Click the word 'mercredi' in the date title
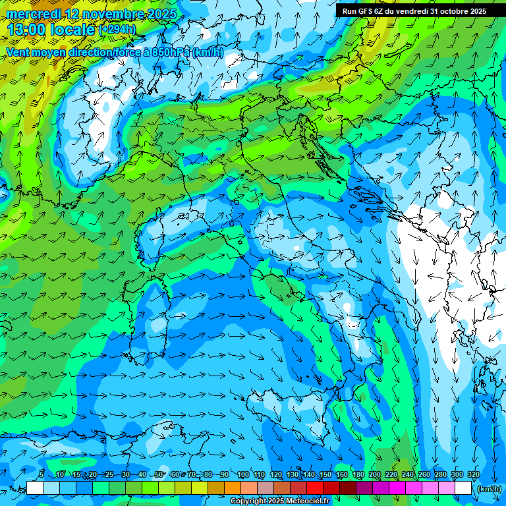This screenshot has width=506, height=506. (x=32, y=14)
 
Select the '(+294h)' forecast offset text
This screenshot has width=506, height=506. (x=117, y=30)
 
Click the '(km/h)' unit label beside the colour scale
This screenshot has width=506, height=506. (x=488, y=489)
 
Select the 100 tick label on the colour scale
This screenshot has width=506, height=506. (x=242, y=475)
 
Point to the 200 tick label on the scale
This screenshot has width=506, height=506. (x=375, y=475)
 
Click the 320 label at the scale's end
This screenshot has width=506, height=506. (x=473, y=475)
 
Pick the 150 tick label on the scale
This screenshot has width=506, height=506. (x=325, y=475)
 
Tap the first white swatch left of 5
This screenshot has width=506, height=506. (x=35, y=488)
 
